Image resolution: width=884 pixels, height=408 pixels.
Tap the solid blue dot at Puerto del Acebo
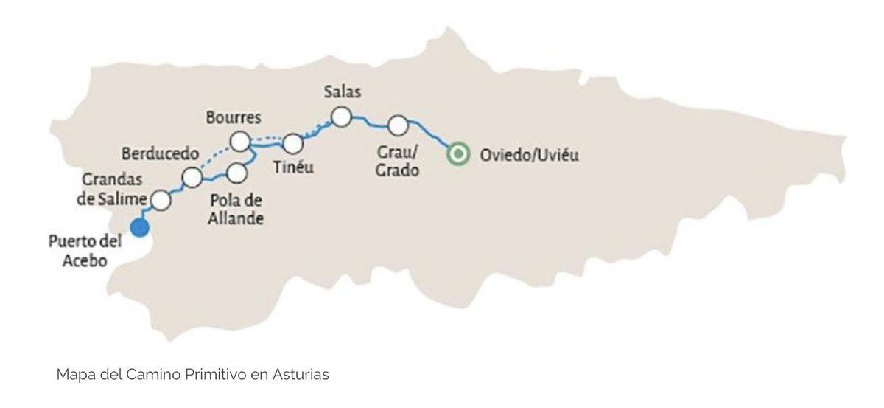click(140, 227)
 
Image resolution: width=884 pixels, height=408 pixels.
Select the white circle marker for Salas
click(340, 117)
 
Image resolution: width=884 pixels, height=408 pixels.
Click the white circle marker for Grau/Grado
click(398, 125)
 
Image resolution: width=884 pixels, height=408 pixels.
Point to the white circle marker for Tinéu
click(293, 143)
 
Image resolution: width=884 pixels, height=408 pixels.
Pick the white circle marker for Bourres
click(239, 140)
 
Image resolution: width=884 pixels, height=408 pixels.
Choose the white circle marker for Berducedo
click(192, 177)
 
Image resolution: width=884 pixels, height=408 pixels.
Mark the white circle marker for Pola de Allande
click(236, 173)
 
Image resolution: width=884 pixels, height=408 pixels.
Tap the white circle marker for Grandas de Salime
click(161, 200)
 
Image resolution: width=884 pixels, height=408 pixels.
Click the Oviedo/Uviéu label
click(529, 155)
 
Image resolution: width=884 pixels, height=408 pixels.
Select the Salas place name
click(342, 92)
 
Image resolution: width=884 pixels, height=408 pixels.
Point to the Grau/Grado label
click(397, 162)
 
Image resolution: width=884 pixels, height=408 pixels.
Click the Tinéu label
click(293, 167)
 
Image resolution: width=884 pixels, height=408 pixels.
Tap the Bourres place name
click(234, 117)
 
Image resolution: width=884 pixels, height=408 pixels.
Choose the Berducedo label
click(160, 153)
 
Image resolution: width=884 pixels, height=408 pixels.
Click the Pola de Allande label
click(236, 210)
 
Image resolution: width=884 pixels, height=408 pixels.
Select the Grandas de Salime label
click(113, 189)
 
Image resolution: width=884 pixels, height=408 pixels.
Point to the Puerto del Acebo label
click(85, 251)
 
